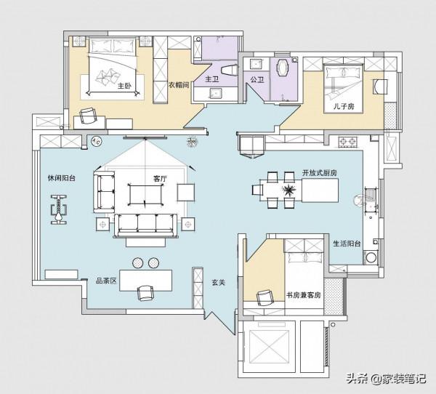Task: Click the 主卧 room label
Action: [124, 86]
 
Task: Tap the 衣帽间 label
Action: [179, 85]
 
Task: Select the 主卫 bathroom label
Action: [212, 79]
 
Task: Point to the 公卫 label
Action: [257, 80]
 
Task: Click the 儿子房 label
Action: [344, 106]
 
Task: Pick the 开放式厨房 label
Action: [320, 173]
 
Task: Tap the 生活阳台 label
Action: [347, 244]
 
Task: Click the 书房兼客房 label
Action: [303, 295]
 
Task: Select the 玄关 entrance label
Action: [218, 283]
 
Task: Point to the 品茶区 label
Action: [106, 281]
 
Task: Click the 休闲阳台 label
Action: [62, 178]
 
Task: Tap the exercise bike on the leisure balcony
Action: [59, 209]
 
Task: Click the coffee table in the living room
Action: [145, 195]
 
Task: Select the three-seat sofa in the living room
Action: [145, 225]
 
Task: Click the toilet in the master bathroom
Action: [229, 70]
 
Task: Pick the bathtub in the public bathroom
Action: [283, 67]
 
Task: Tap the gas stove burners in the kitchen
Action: [347, 142]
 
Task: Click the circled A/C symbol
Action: [97, 141]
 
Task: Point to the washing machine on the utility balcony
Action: [371, 257]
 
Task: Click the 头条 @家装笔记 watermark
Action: [387, 379]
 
